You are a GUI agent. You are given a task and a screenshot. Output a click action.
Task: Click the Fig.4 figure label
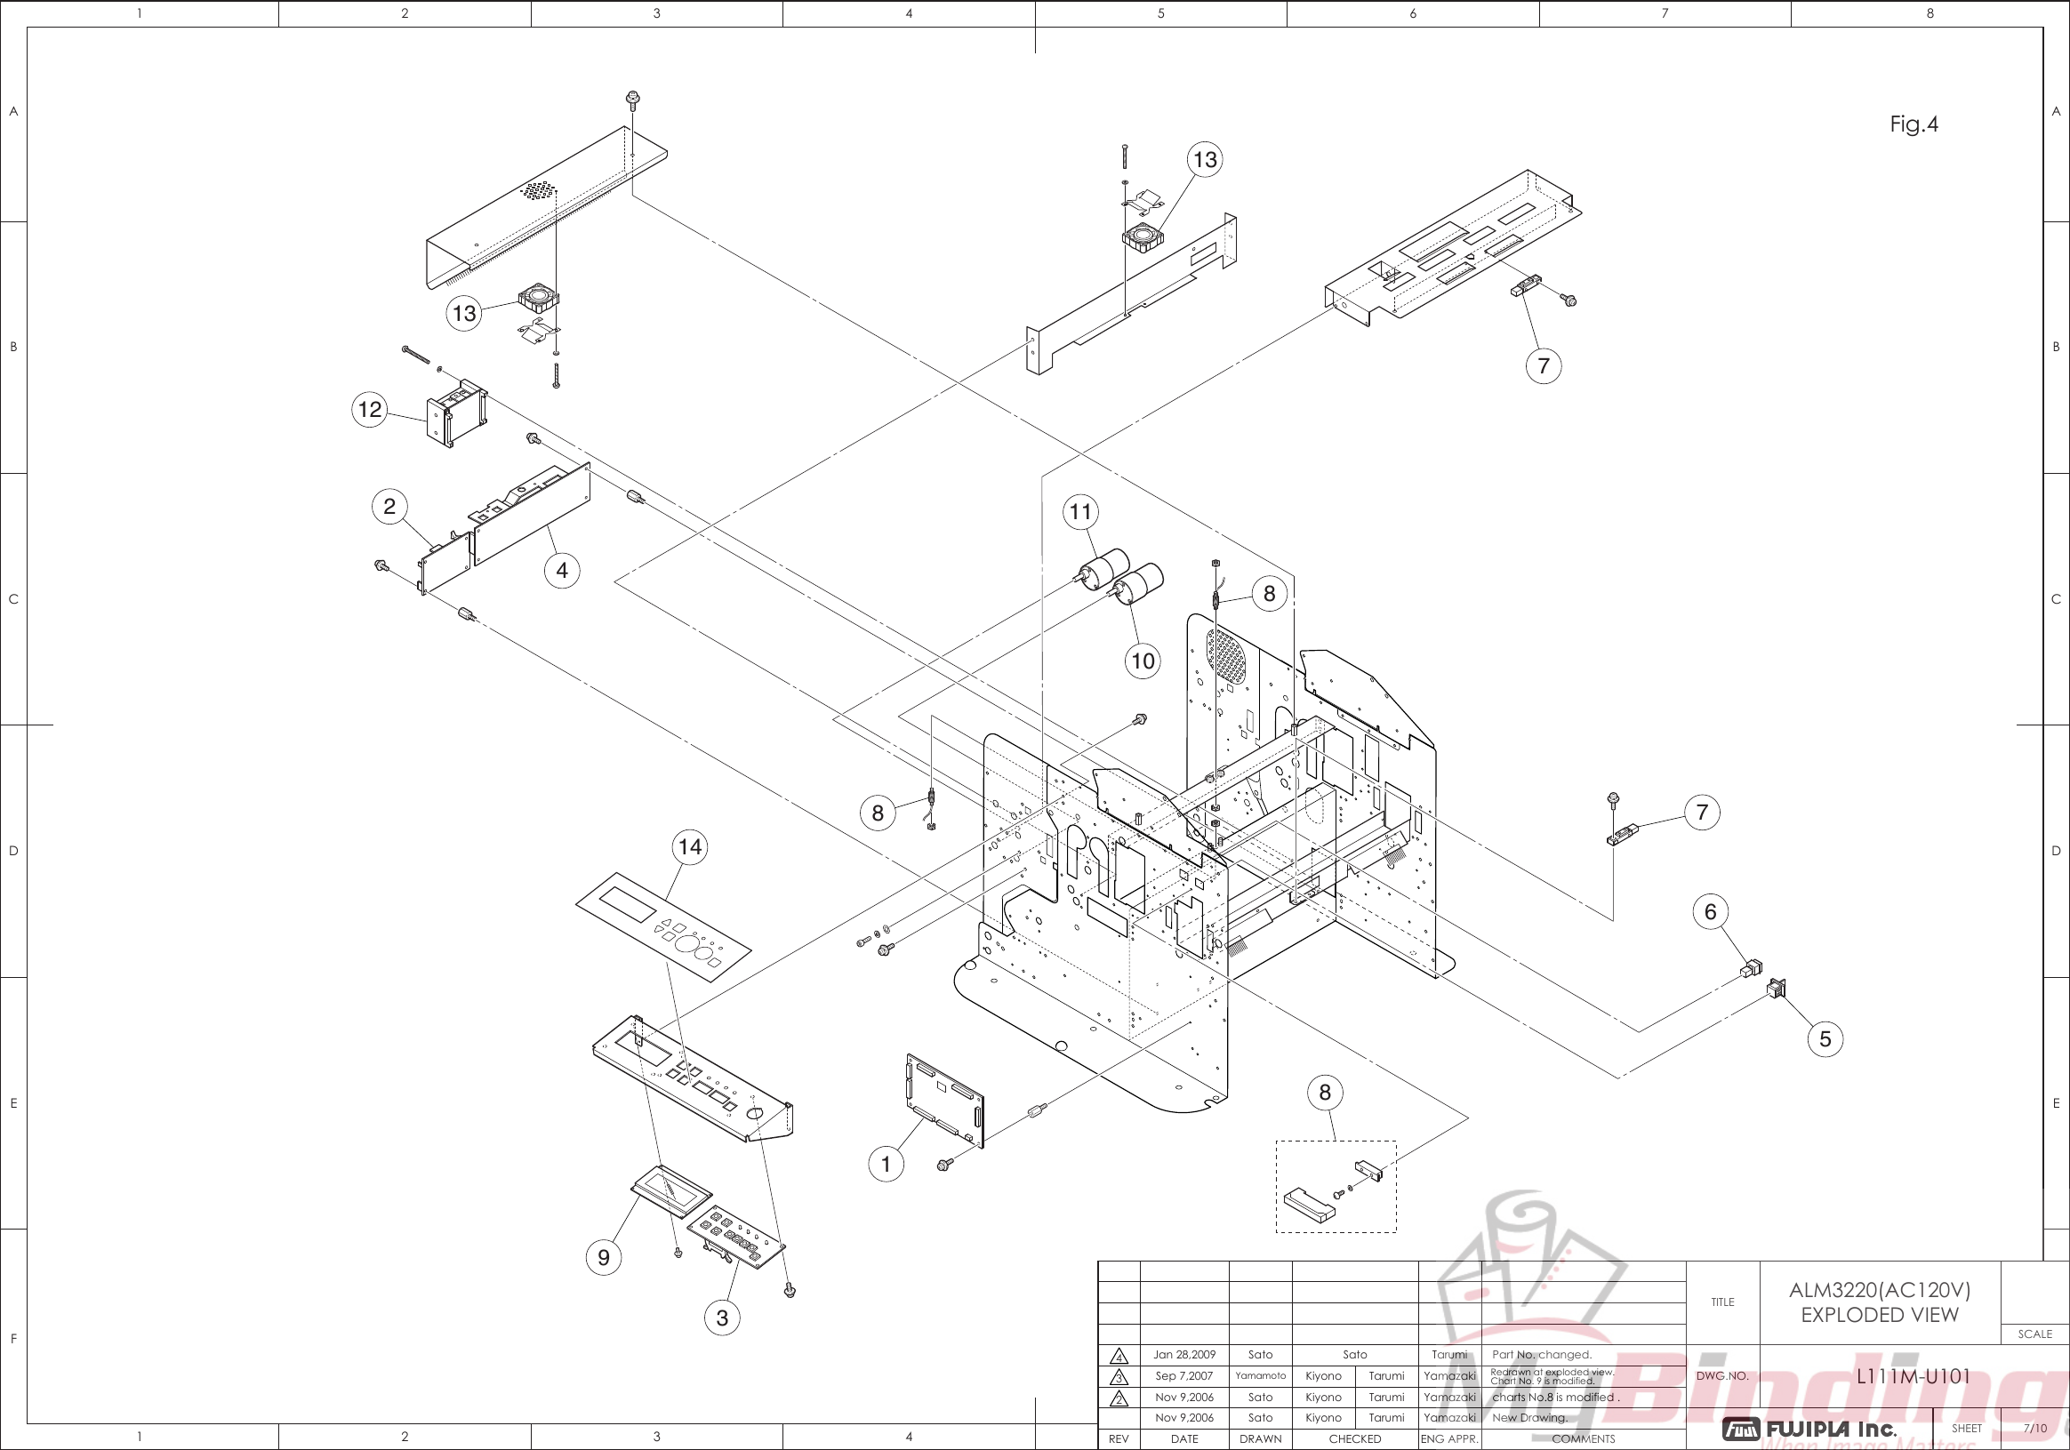[1914, 124]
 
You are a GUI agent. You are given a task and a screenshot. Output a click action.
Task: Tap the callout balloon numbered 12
[370, 410]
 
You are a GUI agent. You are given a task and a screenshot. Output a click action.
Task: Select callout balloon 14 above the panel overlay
[690, 847]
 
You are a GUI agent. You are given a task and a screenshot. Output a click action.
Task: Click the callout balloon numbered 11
[1080, 512]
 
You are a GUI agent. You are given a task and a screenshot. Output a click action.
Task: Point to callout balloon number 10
[1143, 661]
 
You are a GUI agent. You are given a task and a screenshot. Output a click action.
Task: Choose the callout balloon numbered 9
[604, 1257]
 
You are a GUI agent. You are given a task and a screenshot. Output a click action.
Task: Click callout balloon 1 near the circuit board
[886, 1165]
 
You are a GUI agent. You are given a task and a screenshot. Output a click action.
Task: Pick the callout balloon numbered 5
[1825, 1039]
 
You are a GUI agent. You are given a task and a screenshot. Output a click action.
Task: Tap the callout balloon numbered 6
[1710, 912]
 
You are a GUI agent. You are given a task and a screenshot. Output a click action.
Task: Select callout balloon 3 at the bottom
[721, 1318]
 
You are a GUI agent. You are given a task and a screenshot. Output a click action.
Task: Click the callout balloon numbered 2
[389, 507]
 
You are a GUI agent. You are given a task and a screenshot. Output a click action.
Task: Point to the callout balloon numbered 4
[562, 571]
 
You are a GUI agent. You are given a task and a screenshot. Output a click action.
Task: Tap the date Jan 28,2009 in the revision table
[1183, 1355]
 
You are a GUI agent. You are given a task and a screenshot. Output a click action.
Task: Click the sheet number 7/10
[2034, 1429]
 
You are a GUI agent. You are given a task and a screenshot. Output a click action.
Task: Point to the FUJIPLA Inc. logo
[1809, 1429]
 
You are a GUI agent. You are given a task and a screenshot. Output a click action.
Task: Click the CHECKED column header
[1354, 1439]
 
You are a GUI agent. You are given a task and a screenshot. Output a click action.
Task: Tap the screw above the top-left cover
[632, 96]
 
